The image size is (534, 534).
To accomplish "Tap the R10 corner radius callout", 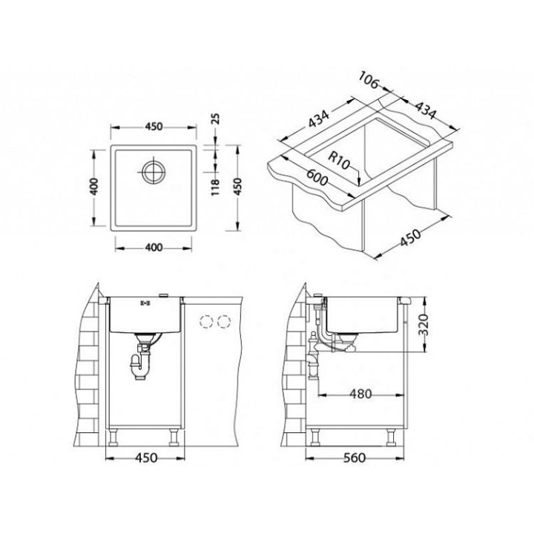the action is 339,160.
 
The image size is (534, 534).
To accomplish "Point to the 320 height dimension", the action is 423,325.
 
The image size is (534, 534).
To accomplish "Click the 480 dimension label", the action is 360,394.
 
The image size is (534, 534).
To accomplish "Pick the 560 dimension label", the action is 355,458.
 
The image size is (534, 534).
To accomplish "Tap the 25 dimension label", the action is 216,119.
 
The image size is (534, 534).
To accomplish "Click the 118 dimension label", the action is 216,187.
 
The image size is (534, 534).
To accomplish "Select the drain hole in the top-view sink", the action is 154,171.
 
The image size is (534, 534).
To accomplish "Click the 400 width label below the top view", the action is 154,247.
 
